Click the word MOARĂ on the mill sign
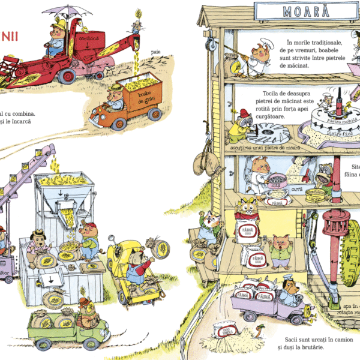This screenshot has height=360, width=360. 294,11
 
